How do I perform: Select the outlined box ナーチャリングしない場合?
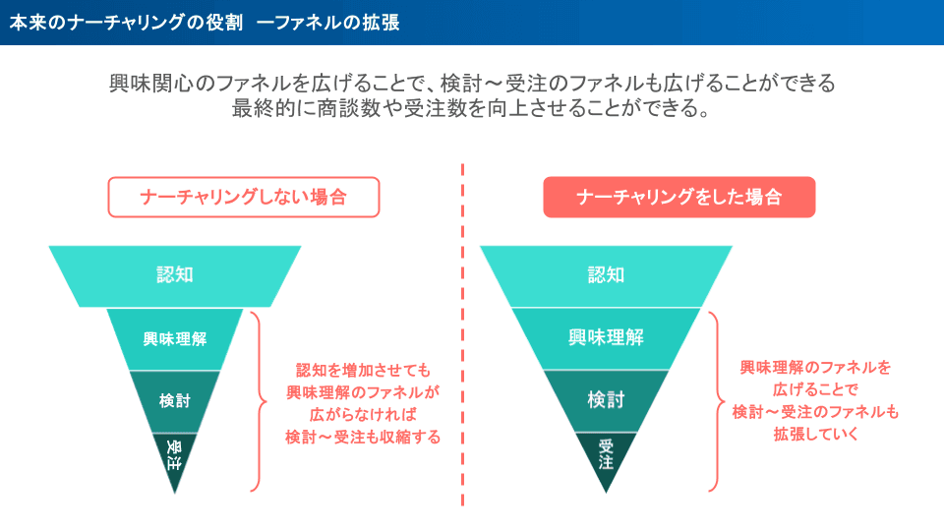(x=243, y=197)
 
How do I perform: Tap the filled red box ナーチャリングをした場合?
(x=678, y=197)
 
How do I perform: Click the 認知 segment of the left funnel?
(x=175, y=275)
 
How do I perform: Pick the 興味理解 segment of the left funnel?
(x=175, y=339)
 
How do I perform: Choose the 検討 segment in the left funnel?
(x=175, y=401)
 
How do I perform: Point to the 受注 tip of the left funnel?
(x=175, y=454)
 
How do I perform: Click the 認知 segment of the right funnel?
(x=606, y=275)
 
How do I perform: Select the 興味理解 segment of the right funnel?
(x=606, y=337)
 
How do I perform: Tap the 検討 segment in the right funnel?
(x=606, y=399)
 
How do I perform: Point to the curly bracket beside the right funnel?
(x=717, y=400)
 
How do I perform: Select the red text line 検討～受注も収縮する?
(x=363, y=436)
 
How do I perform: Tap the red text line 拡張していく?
(x=815, y=433)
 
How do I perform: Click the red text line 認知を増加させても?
(x=363, y=371)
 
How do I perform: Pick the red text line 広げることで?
(x=815, y=389)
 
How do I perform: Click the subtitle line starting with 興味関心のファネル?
(x=472, y=84)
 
